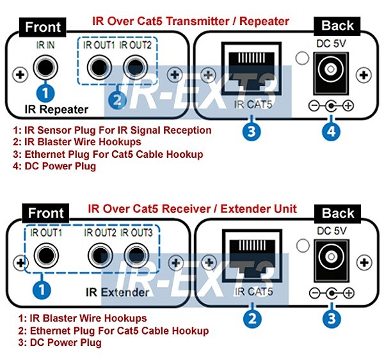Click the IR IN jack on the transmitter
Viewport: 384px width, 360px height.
pyautogui.click(x=45, y=66)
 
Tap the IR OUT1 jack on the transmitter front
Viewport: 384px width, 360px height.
pyautogui.click(x=99, y=66)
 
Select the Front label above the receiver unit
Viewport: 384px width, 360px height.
pyautogui.click(x=46, y=213)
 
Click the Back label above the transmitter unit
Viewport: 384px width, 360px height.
pyautogui.click(x=337, y=26)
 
